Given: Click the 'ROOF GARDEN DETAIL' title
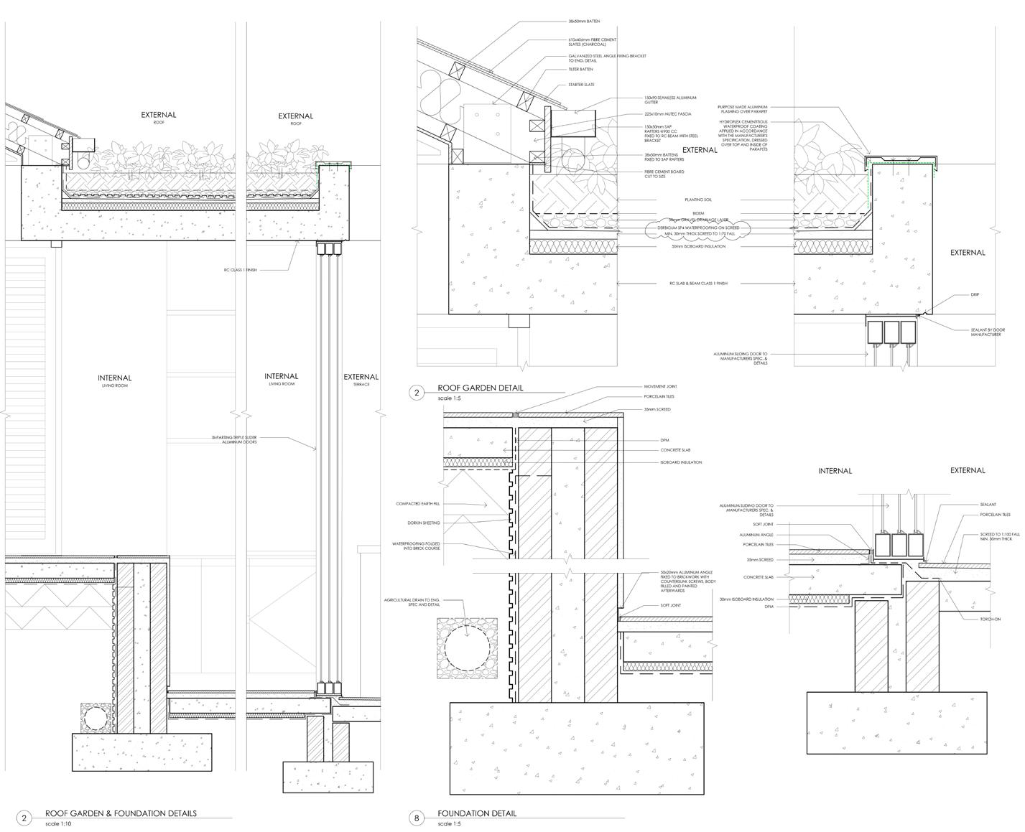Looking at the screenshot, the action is point(480,388).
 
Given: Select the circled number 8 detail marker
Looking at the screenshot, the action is point(417,818).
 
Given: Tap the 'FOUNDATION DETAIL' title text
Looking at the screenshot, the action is point(477,813).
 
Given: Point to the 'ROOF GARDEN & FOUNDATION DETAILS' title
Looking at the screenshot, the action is point(121,813).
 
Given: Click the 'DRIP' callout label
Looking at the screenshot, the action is point(975,294).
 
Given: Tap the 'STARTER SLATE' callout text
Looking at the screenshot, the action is point(581,85).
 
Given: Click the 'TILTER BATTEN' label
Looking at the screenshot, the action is point(581,70).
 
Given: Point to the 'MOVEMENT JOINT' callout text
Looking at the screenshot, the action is point(661,386).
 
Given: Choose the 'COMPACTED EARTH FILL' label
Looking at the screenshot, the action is point(417,504).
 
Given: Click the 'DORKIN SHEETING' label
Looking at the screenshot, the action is point(423,523).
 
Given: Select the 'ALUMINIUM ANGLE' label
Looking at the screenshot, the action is point(756,535).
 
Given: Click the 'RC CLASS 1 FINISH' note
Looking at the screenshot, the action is point(241,270).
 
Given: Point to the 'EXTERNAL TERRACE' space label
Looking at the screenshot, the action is point(361,378).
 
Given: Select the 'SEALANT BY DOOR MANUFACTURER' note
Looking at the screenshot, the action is point(985,332).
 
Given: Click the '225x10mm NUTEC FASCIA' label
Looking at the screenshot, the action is point(667,114).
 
